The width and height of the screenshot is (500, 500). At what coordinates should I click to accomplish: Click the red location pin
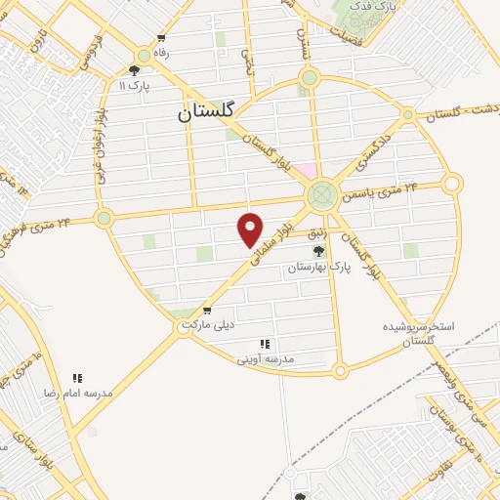[251, 229]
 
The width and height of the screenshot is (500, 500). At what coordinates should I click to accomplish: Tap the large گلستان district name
[207, 112]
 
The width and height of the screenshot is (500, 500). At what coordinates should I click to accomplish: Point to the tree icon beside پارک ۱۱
[134, 70]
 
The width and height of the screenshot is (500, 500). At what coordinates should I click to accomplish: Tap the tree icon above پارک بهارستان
[317, 252]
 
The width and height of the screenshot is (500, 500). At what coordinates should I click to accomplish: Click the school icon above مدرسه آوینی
[265, 344]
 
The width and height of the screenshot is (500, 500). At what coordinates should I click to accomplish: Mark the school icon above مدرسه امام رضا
[77, 377]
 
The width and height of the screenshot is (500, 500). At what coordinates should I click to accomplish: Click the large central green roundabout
[320, 196]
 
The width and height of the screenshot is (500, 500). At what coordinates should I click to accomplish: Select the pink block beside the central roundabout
[306, 173]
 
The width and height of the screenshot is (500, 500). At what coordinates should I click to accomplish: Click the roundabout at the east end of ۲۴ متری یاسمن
[451, 183]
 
